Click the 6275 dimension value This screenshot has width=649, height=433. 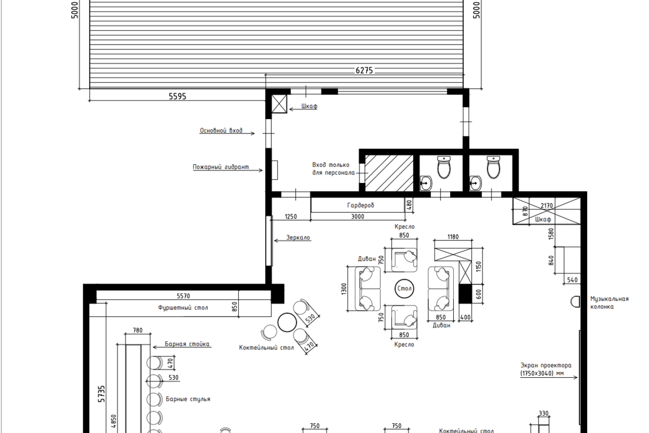364,71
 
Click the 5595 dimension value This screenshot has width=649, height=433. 177,96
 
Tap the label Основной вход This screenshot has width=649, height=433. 221,131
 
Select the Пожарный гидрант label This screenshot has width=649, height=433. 221,167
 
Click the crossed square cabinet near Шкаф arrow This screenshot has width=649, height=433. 279,104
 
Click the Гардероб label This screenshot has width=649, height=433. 360,206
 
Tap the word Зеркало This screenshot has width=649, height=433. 298,238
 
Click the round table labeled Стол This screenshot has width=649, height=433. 404,288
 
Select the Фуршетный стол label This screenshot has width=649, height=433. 183,308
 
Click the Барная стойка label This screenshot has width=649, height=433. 187,344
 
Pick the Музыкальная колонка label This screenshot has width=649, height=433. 609,303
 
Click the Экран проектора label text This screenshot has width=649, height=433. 546,369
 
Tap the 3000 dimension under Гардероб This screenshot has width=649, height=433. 358,217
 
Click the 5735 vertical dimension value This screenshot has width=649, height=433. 101,394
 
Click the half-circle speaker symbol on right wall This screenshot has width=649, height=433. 575,302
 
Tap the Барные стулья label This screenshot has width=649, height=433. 188,399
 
